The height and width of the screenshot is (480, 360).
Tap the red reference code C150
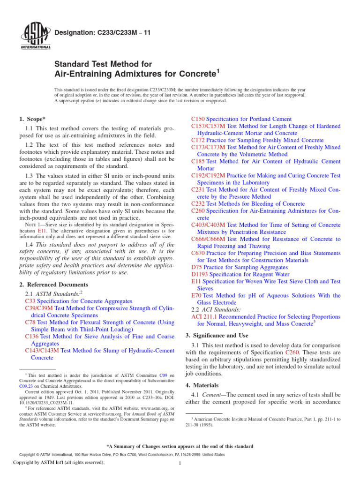pyautogui.click(x=198, y=119)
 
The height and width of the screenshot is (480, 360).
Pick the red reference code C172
pyautogui.click(x=198, y=140)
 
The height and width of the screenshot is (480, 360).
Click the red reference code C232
pyautogui.click(x=198, y=204)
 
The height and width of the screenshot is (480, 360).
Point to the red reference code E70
pyautogui.click(x=196, y=295)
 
